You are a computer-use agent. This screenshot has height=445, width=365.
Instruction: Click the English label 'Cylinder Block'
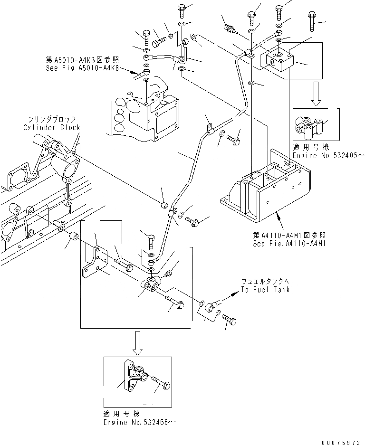(x=52, y=127)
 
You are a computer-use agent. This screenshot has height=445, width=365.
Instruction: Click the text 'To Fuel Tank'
(x=265, y=290)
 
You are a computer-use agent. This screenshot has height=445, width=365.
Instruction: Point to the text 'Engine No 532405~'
(x=327, y=155)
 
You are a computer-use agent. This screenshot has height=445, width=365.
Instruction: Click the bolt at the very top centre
(x=182, y=10)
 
